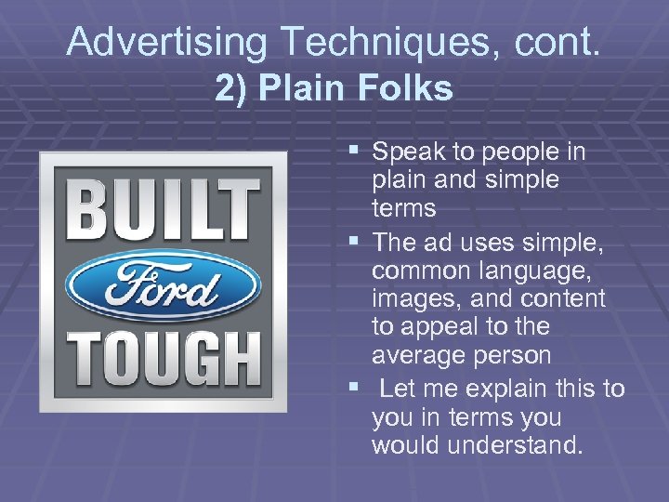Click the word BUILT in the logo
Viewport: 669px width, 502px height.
tap(164, 208)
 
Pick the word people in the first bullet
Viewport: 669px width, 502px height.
tap(506, 152)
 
